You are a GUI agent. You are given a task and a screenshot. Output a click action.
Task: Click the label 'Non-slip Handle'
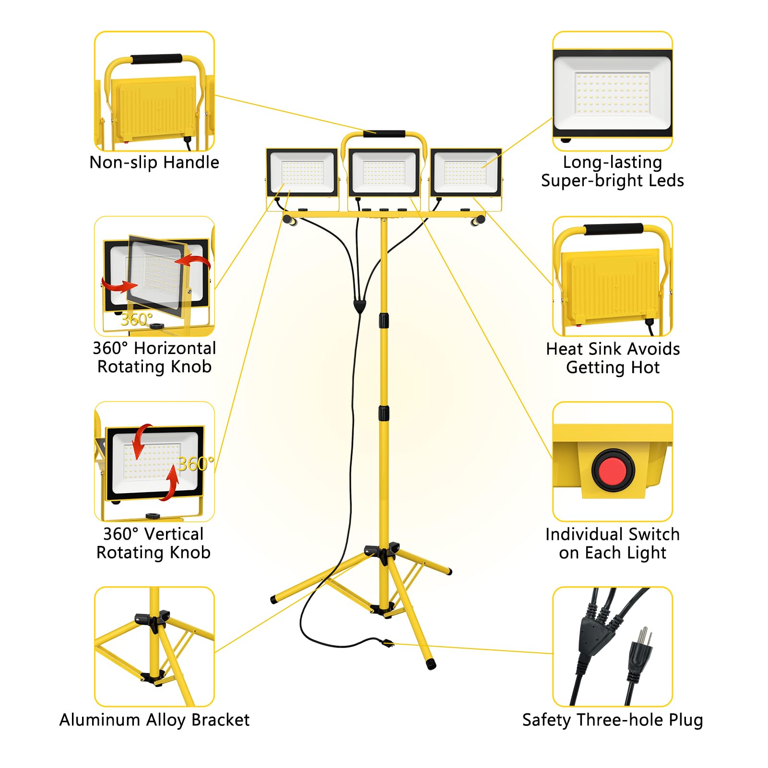point(154,163)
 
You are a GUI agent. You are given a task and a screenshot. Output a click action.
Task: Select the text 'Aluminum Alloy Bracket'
point(154,720)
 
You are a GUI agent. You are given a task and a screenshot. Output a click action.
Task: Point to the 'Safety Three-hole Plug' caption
point(613,720)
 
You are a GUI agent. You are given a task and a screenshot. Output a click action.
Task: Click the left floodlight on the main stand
point(302,173)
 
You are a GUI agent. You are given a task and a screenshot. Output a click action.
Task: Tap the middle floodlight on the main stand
point(384,173)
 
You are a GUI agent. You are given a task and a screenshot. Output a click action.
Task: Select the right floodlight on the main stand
point(465,173)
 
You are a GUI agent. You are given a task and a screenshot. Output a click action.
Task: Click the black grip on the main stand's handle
point(384,134)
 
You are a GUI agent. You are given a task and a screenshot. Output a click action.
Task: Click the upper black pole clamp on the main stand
point(384,320)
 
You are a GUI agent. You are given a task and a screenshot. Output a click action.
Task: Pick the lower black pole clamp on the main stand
point(384,414)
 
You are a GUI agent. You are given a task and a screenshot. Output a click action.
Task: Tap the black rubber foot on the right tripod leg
point(431,664)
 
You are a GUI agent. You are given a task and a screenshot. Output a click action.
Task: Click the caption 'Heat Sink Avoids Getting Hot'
point(613,358)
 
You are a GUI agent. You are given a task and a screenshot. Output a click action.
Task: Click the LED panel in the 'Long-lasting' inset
point(613,94)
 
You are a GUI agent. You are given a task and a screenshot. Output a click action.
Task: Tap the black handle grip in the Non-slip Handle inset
point(156,59)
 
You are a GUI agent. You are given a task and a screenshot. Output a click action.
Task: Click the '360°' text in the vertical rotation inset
point(195,464)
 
